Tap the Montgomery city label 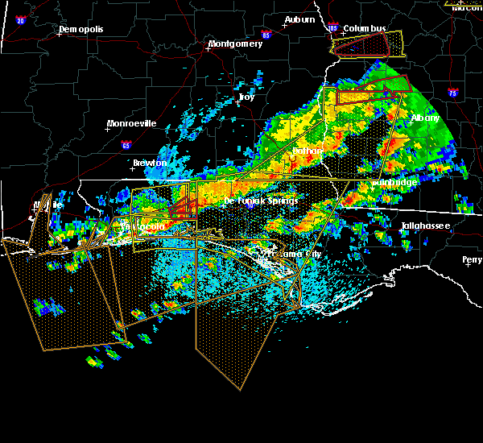click(x=235, y=43)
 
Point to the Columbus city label click(x=364, y=28)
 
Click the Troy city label click(x=246, y=97)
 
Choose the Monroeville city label click(x=133, y=123)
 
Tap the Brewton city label click(x=150, y=163)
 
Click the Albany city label click(x=426, y=118)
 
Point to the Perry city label click(x=473, y=259)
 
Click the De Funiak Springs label click(x=261, y=200)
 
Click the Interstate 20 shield click(x=20, y=20)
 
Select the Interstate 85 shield click(x=266, y=35)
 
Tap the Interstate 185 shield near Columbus click(x=333, y=28)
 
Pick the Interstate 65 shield click(x=126, y=146)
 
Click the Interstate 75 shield click(x=453, y=93)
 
